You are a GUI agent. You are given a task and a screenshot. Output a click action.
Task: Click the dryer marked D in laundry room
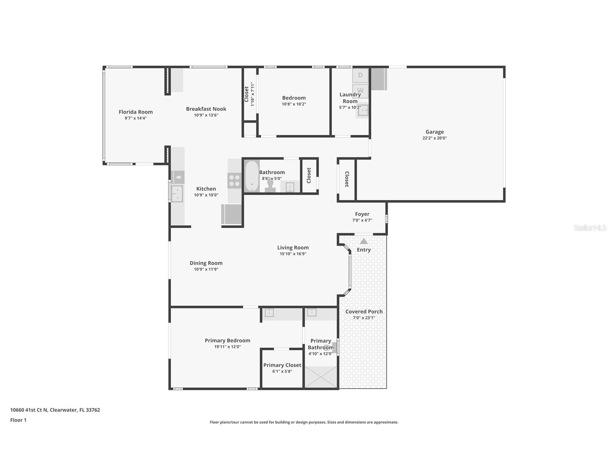pos(360,75)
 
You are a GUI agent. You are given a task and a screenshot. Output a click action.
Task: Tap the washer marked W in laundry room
pos(360,91)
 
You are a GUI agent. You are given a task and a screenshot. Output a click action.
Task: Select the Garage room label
pos(434,132)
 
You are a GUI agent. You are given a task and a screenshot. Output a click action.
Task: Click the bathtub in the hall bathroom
pos(252,176)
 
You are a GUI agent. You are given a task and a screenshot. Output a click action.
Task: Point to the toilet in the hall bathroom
pos(270,185)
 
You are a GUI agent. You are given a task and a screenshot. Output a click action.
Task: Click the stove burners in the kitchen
pos(235,180)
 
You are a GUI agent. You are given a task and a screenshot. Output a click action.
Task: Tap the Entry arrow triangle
pos(364,241)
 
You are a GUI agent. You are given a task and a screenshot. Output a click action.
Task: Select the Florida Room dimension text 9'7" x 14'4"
pos(136,118)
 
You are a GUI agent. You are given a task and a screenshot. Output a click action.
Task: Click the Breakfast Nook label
pos(206,109)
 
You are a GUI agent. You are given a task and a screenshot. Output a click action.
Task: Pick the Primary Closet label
pos(282,365)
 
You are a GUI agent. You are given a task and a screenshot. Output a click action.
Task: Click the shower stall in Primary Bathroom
pos(321,377)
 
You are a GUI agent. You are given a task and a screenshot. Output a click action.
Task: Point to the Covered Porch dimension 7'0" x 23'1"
pos(364,318)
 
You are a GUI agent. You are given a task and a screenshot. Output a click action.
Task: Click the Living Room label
pos(293,248)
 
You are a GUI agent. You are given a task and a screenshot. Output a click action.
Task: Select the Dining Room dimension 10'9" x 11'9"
pos(206,269)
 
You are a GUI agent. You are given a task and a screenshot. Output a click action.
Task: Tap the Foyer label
pos(362,214)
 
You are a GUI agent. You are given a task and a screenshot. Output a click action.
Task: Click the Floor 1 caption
pos(18,420)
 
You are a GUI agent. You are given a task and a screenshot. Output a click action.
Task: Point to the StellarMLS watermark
pos(590,228)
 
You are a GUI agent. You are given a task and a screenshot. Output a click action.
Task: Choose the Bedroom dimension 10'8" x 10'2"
pos(294,104)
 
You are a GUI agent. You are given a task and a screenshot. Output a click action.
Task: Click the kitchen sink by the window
pos(177,194)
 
